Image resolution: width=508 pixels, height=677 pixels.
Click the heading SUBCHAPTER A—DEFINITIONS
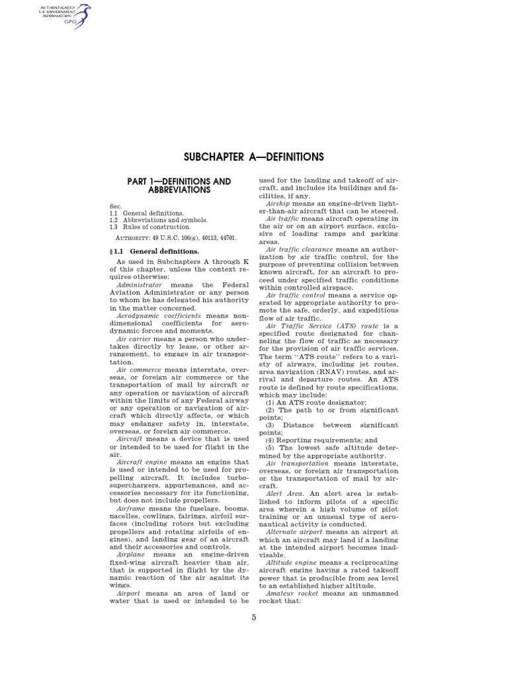tap(253, 157)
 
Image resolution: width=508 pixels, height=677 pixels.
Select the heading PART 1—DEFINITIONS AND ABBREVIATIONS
tap(179, 185)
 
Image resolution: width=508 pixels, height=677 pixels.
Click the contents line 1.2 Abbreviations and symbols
tap(159, 220)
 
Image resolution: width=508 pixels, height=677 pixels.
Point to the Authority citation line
tap(173, 237)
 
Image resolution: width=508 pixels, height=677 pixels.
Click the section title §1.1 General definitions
tap(153, 252)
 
